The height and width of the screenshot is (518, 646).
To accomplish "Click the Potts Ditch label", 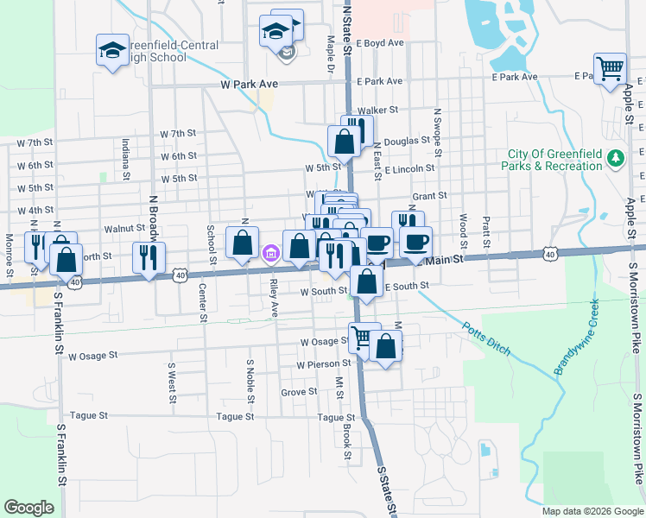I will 487,338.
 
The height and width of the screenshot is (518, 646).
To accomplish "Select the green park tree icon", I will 616,158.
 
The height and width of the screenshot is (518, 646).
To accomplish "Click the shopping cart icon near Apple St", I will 610,67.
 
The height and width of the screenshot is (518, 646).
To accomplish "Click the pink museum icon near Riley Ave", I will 271,253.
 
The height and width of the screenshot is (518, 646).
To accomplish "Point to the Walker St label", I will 377,111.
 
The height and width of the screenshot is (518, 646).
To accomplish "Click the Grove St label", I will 299,392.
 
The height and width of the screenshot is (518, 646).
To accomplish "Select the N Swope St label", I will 438,132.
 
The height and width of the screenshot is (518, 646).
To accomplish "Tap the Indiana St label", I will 126,155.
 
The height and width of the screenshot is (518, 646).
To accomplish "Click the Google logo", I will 29,507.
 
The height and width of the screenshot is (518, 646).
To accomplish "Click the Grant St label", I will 429,196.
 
